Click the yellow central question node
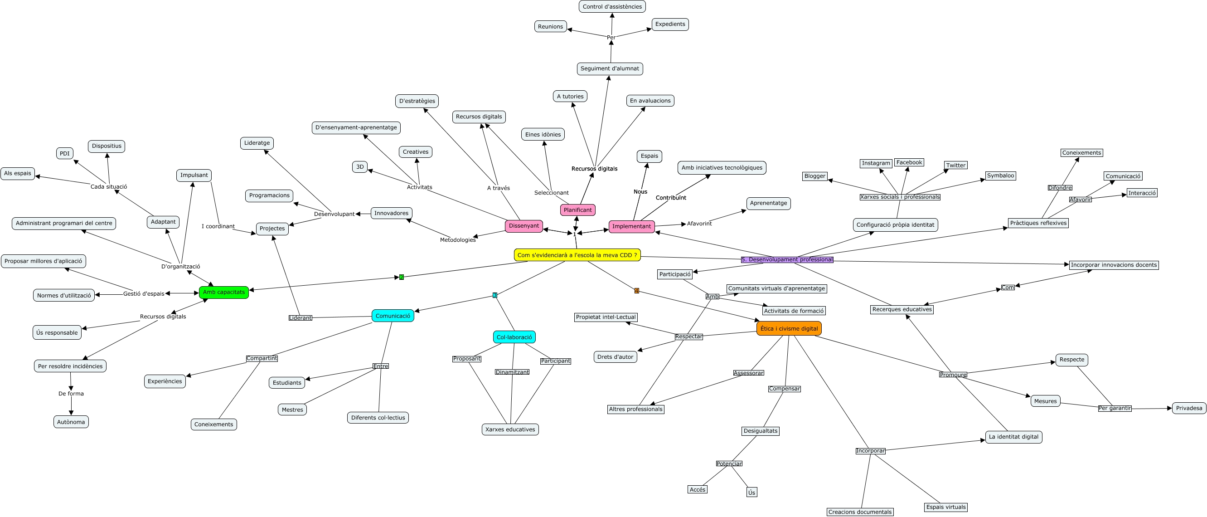click(577, 255)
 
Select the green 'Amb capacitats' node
click(223, 292)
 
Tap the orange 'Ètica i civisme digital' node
click(789, 329)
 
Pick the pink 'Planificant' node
click(577, 210)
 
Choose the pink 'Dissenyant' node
click(524, 226)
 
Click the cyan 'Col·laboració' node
click(514, 337)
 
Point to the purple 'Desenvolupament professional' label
click(787, 260)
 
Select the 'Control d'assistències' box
click(612, 6)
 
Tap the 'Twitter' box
click(955, 165)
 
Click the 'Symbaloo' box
click(1000, 176)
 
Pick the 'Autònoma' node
click(71, 422)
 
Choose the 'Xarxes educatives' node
click(510, 429)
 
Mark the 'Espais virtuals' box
click(945, 507)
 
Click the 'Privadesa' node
click(1189, 408)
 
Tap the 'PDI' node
click(65, 153)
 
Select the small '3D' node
click(360, 167)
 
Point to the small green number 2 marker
click(402, 277)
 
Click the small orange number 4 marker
click(636, 291)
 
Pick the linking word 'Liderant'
click(300, 318)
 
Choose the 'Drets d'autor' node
click(615, 357)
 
